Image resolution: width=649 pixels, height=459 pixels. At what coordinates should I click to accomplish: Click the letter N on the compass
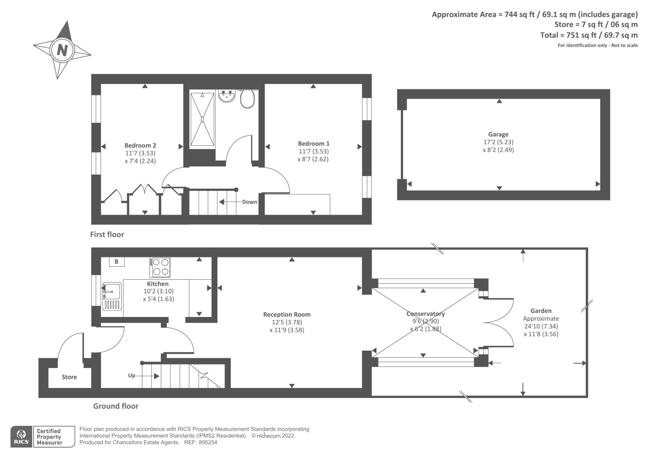tap(62, 50)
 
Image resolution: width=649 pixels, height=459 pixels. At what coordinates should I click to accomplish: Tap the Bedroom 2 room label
tap(140, 145)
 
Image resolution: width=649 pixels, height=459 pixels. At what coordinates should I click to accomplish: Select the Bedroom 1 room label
tap(314, 143)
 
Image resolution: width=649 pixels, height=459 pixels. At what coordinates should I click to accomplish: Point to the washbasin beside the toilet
tap(227, 95)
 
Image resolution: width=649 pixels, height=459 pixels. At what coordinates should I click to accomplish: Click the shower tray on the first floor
tap(202, 119)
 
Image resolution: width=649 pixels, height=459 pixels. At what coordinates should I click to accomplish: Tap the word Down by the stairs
tap(249, 202)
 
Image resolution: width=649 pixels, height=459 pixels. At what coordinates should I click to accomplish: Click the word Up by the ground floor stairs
tap(131, 375)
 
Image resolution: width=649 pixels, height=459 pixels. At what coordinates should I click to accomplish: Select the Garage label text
tap(498, 134)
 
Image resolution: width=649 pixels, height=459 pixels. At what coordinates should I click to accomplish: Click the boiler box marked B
tap(116, 262)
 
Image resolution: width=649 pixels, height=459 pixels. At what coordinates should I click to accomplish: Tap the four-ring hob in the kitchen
tap(160, 267)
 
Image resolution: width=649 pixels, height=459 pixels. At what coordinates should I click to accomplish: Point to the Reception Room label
tap(287, 314)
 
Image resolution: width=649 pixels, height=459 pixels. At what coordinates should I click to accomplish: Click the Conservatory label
tap(426, 314)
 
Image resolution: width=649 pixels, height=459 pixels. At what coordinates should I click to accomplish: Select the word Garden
tap(541, 311)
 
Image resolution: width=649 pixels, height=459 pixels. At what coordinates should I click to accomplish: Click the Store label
tap(69, 377)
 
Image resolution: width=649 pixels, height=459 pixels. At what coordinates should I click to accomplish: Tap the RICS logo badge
tap(21, 437)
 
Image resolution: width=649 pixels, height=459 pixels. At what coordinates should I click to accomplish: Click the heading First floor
tap(107, 235)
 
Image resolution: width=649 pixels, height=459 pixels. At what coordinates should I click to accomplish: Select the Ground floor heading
tap(116, 406)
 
